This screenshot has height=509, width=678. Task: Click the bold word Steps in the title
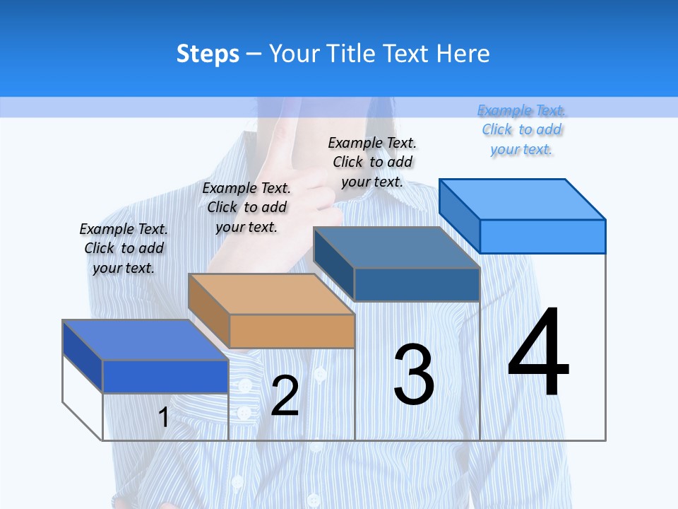pos(208,54)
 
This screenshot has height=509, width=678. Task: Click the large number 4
pos(538,353)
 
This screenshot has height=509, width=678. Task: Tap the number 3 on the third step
pos(414,375)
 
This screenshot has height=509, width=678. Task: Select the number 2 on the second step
pos(285,396)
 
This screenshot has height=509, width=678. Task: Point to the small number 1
pos(163,418)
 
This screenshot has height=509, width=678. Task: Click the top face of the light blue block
pos(523,199)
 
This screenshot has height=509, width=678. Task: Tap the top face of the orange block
pos(271,294)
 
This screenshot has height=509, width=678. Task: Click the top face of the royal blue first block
pos(145,340)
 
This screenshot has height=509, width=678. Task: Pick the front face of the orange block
pos(292,331)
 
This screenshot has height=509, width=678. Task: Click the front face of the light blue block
pos(542,236)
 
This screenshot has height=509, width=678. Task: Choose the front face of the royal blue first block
pos(165,376)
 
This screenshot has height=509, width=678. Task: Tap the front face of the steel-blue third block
pos(417,284)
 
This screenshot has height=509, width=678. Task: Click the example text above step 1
pos(124,248)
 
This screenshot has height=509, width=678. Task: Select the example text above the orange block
pos(246,207)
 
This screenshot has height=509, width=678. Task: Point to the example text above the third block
pos(372,162)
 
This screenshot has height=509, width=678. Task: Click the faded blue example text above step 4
pos(522,129)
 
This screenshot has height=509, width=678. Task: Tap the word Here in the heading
pos(463,54)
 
